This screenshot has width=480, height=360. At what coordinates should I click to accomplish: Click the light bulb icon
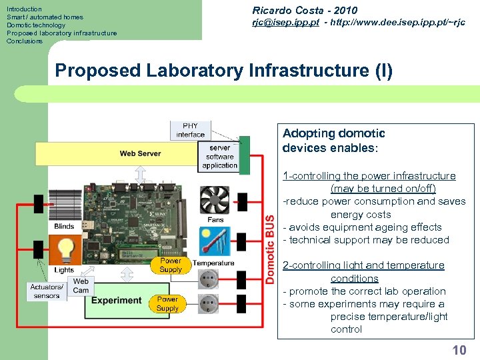[65, 249]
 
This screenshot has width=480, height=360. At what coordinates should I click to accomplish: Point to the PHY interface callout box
[190, 130]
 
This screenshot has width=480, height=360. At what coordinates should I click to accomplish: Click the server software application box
[219, 157]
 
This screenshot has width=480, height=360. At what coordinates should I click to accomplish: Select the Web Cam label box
[81, 286]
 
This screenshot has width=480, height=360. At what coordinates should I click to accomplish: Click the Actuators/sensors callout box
[46, 291]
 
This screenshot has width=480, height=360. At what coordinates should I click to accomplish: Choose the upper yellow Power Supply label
[171, 265]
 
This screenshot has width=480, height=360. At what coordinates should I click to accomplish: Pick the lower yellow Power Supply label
[167, 304]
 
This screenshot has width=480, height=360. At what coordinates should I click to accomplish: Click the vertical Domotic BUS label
[270, 249]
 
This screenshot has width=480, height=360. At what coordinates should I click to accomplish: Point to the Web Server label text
[140, 153]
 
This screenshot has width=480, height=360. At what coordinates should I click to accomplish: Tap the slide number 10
[459, 350]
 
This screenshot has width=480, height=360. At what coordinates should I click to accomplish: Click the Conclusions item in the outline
[25, 41]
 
